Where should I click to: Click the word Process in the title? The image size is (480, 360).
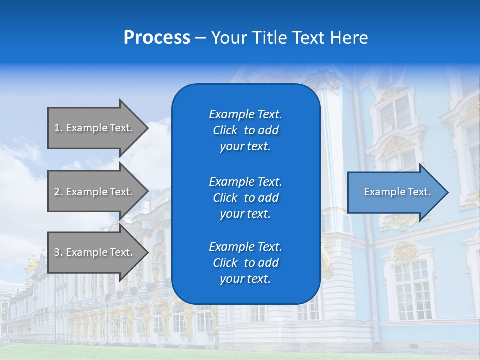[157, 38]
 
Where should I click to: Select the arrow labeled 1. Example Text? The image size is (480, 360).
[95, 128]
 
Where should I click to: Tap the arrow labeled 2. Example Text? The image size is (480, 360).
[95, 192]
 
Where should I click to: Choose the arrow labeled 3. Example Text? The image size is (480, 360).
[95, 252]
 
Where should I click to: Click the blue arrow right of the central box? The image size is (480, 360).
[395, 192]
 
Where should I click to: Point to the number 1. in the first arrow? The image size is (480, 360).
[58, 128]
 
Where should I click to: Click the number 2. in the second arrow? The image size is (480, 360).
[58, 192]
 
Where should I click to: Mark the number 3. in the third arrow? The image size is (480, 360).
[58, 252]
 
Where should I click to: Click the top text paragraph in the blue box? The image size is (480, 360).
[245, 130]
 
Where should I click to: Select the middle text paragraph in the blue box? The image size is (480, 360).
[245, 198]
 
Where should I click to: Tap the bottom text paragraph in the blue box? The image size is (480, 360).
[245, 263]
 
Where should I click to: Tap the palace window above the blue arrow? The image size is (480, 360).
[395, 115]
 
